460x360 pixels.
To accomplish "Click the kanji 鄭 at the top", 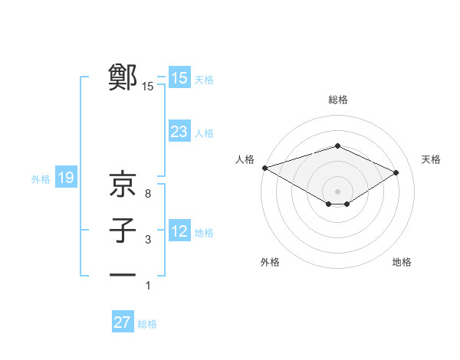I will (123, 77).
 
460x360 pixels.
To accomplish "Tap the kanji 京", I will (123, 183).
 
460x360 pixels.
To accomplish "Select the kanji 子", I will (123, 231).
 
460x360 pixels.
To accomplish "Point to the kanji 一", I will (123, 274).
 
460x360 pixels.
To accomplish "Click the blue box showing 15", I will (179, 78).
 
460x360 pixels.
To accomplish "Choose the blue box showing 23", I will (179, 132).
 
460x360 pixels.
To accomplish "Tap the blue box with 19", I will (66, 178).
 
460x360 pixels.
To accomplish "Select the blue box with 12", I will (179, 231).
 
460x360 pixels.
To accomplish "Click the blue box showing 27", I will (123, 322).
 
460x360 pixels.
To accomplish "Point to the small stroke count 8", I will (147, 193).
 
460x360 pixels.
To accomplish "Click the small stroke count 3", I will (147, 241).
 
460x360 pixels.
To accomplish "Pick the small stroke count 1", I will (147, 286).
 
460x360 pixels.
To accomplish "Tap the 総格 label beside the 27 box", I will (147, 324).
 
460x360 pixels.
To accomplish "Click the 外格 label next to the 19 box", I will (41, 179).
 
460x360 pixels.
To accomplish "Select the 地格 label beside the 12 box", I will (204, 232).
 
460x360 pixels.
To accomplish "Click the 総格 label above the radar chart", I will (337, 100).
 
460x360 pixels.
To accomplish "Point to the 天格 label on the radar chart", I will (431, 159).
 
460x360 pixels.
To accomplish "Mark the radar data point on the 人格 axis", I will (264, 168).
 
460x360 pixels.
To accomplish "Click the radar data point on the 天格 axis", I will (396, 172).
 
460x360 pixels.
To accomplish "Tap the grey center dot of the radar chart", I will (337, 190).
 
